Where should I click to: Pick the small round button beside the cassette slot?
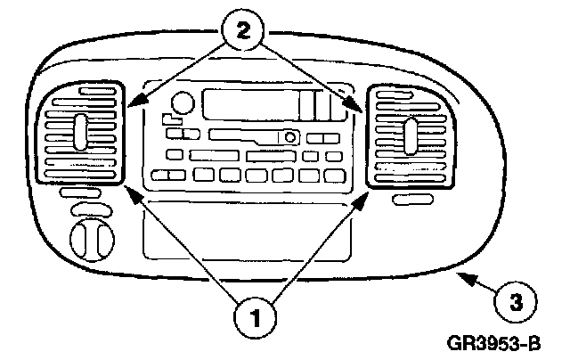[289, 137]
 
